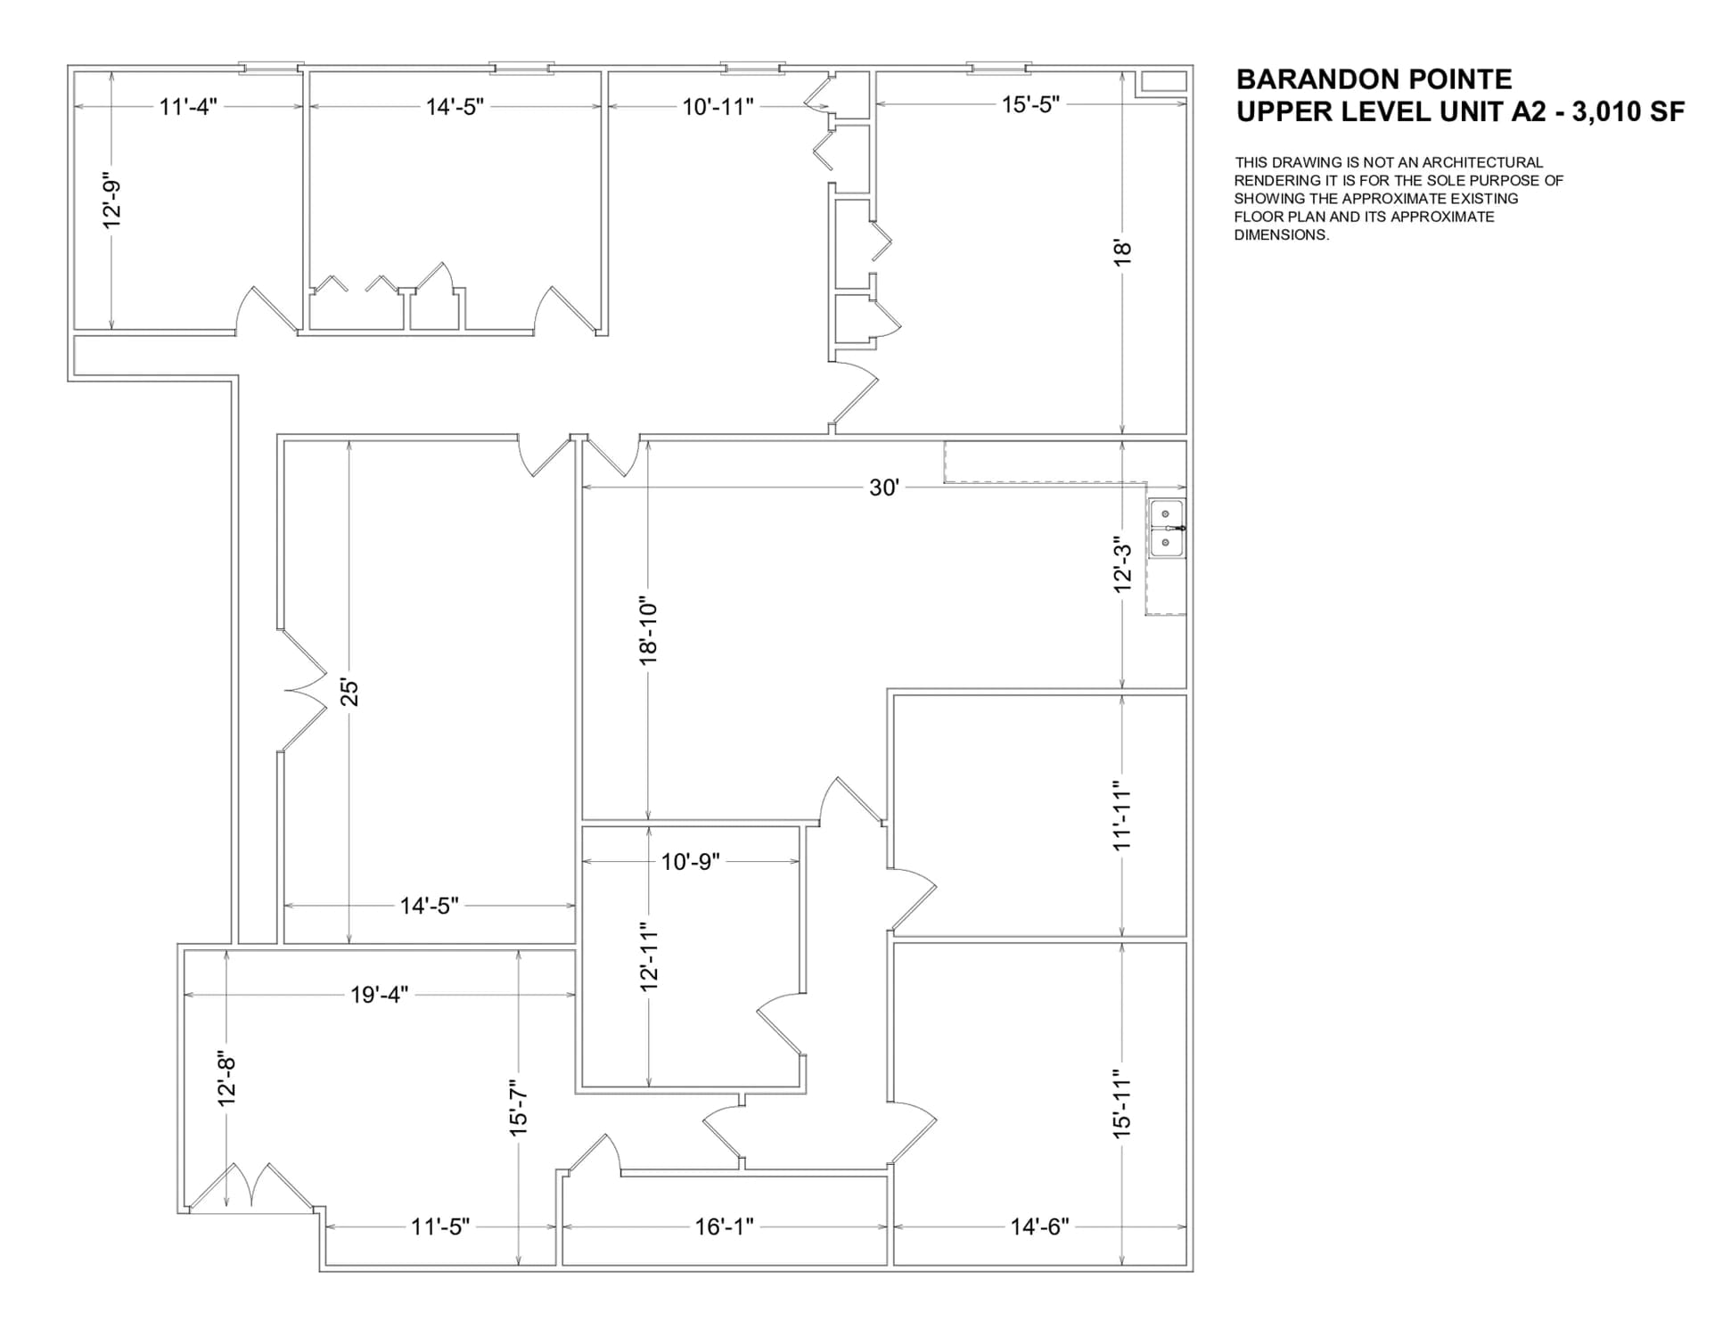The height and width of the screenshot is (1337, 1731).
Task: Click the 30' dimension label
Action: (x=883, y=488)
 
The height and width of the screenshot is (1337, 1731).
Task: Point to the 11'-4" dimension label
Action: (x=188, y=107)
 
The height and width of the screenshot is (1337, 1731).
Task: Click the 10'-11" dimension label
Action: (x=718, y=107)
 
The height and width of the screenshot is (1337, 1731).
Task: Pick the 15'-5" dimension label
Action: (x=1030, y=104)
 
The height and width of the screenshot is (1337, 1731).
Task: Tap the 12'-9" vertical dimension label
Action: (x=111, y=200)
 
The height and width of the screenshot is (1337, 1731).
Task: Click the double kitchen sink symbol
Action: (x=1166, y=529)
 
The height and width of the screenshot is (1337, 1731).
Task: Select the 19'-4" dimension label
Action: (x=379, y=995)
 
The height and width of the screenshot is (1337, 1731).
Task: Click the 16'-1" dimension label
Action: (x=724, y=1226)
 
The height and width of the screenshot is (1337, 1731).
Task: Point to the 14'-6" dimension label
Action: (x=1039, y=1226)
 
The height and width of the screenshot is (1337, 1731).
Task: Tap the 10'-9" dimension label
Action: (x=690, y=862)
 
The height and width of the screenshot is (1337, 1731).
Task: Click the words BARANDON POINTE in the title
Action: (x=1374, y=79)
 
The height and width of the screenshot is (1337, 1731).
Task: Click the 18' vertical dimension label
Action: (x=1122, y=250)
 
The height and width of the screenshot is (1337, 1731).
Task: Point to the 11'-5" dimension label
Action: (x=439, y=1226)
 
